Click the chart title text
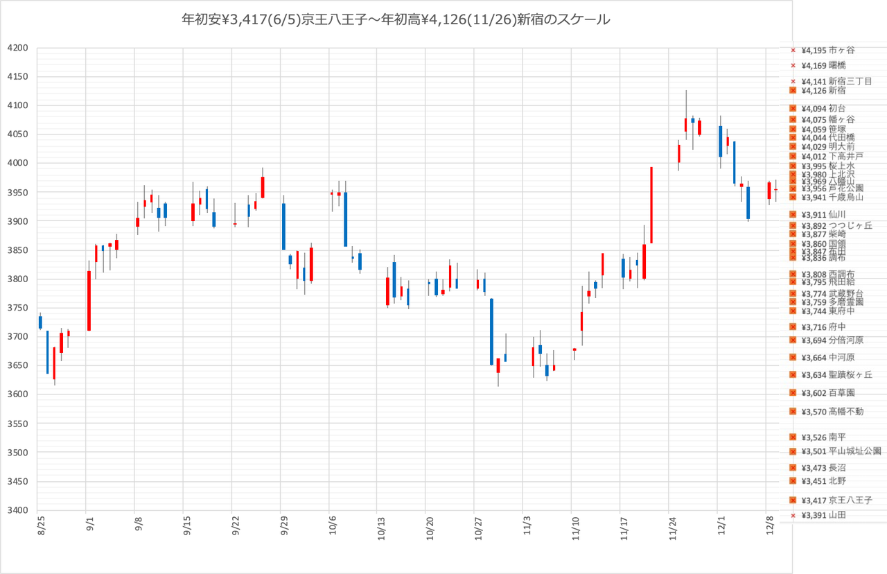(396, 20)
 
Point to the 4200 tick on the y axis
(18, 48)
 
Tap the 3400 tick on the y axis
(18, 510)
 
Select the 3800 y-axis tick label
(18, 279)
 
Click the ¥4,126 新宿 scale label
(823, 90)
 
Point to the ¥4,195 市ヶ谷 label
(828, 50)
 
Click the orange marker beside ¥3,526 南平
(793, 437)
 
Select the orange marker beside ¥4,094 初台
(793, 108)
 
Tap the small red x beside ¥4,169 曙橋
(793, 66)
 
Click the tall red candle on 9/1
(89, 300)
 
